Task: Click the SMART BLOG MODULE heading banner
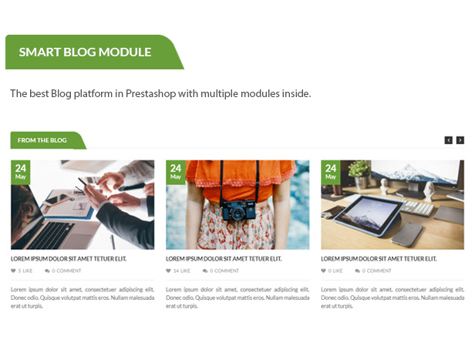(91, 52)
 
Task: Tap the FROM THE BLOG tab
(45, 140)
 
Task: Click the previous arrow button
(448, 140)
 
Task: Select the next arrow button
(460, 140)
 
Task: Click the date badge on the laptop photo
(21, 172)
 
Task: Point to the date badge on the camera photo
(176, 172)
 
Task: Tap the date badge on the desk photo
(331, 172)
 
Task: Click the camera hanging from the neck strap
(237, 210)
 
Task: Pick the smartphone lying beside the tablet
(407, 233)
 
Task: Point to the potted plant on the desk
(359, 174)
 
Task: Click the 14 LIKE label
(178, 271)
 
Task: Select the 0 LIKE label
(332, 271)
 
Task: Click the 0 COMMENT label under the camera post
(221, 271)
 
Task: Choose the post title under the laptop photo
(69, 259)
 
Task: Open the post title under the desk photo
(379, 259)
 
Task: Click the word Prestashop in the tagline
(150, 93)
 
